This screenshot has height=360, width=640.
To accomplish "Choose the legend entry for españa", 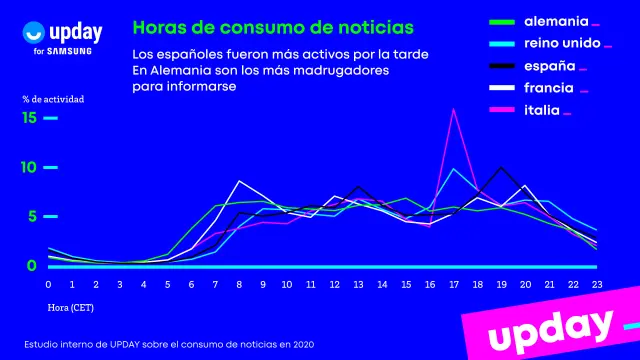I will [544, 65].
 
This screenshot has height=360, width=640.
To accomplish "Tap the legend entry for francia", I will [546, 88].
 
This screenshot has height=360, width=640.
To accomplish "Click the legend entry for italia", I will [541, 111].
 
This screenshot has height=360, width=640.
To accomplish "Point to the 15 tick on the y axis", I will [29, 118].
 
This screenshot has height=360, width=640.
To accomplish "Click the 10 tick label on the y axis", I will [29, 167].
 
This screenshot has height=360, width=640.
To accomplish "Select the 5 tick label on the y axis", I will [31, 216].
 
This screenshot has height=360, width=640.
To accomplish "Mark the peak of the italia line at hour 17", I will [455, 109].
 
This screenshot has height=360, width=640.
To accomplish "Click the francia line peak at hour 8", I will [239, 181].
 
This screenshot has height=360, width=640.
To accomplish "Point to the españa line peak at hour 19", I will [502, 167].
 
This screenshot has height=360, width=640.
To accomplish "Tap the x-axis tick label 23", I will [597, 285].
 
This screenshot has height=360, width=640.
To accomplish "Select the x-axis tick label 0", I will [48, 285].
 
